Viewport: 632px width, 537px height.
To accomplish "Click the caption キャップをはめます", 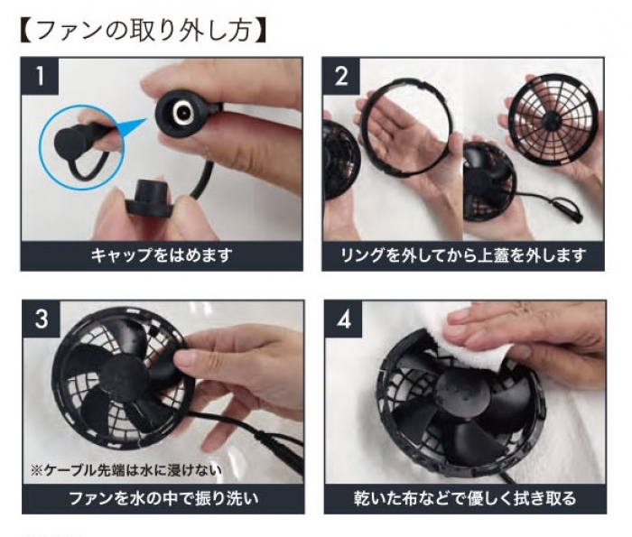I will (x=162, y=255).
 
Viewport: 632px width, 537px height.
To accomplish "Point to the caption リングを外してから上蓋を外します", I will (x=463, y=255).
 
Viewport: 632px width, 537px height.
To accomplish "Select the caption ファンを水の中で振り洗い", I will (x=162, y=497).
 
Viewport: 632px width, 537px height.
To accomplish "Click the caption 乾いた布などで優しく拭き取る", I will (x=464, y=497).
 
